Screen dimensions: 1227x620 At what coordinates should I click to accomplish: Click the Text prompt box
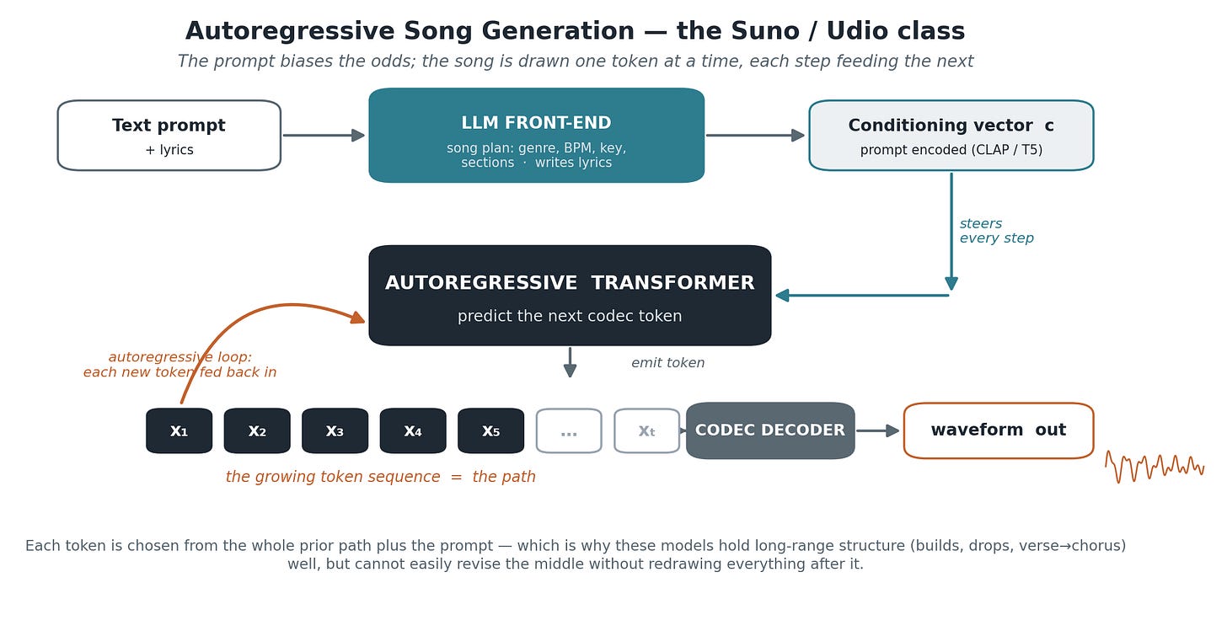[x=169, y=136]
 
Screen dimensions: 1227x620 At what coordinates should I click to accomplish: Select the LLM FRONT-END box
[x=536, y=136]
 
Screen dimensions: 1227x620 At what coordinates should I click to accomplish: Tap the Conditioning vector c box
[x=951, y=136]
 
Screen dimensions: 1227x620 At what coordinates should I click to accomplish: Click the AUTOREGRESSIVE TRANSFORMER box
[x=570, y=295]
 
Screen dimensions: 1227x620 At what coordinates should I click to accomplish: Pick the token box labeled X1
[x=179, y=430]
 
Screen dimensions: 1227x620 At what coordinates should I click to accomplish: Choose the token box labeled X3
[x=335, y=430]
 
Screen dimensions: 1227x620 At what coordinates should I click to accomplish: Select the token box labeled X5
[x=490, y=430]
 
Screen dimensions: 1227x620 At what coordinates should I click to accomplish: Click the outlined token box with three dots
[x=569, y=430]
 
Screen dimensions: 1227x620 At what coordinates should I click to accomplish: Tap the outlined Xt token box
[x=646, y=430]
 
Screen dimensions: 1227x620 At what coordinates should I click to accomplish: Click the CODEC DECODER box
[x=770, y=430]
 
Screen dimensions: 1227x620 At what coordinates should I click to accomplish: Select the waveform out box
[x=998, y=430]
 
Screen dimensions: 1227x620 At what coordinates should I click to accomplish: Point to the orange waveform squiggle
[x=1155, y=467]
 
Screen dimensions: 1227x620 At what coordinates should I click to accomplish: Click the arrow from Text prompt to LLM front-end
[x=324, y=136]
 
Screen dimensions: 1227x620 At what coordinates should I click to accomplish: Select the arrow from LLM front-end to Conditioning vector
[x=755, y=136]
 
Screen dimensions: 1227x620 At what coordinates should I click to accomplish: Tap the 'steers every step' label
[x=996, y=231]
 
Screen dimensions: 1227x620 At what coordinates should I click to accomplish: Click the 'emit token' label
[x=667, y=362]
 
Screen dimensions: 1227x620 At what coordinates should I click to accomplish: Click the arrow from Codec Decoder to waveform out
[x=877, y=430]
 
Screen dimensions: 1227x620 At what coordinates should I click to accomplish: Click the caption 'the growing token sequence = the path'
[x=381, y=477]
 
